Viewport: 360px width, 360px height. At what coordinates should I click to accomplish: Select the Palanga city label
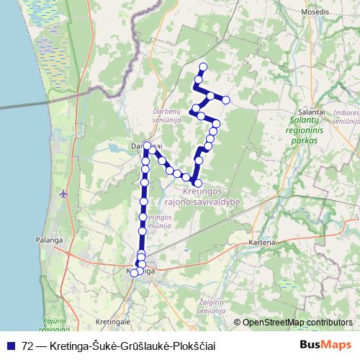(x=47, y=240)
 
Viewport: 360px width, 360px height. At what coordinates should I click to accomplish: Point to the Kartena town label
(x=263, y=243)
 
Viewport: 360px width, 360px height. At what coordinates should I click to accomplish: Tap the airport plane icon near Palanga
(x=64, y=194)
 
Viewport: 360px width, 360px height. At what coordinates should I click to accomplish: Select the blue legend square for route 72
(x=12, y=345)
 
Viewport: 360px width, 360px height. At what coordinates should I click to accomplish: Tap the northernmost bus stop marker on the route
(x=203, y=68)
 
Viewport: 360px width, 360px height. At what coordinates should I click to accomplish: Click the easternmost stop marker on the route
(x=226, y=99)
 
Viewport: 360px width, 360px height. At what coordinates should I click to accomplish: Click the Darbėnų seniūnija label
(x=167, y=116)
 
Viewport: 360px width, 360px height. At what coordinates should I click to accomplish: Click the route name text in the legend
(x=119, y=345)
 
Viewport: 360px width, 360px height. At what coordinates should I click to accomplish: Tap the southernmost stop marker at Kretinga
(x=134, y=273)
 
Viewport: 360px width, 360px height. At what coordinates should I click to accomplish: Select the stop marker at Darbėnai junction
(x=147, y=146)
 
